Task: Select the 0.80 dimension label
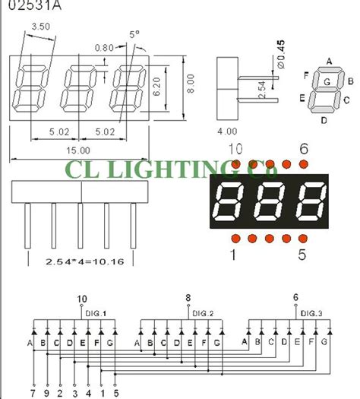coord(104,46)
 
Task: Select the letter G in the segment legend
coord(326,81)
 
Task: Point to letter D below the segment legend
coord(324,119)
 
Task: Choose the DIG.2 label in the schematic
coord(204,313)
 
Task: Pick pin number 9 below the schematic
coord(49,393)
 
